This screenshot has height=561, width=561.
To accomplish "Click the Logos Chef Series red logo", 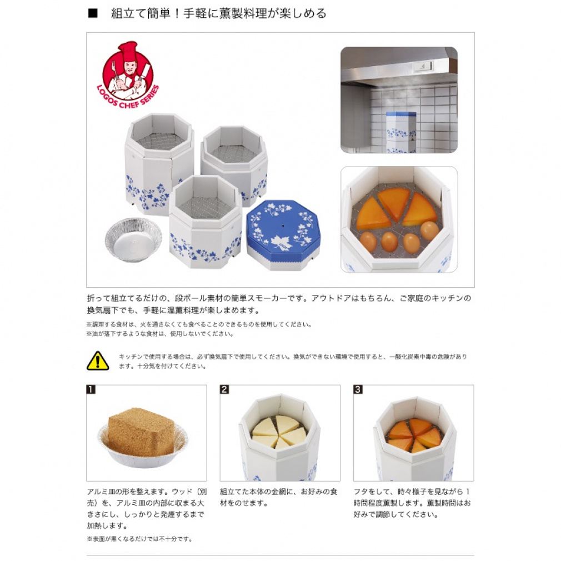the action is click(x=128, y=74).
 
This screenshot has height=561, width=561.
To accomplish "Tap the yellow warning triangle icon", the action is click(x=98, y=360).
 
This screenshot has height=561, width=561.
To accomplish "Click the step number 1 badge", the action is click(x=91, y=389).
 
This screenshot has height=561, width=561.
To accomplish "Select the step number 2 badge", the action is click(x=224, y=389).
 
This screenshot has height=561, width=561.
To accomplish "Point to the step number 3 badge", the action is click(x=358, y=389).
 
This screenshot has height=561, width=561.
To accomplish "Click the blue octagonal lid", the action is click(x=283, y=234).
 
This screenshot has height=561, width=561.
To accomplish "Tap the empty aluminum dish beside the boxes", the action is click(x=133, y=239).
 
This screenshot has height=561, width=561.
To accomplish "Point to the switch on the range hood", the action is click(x=423, y=66).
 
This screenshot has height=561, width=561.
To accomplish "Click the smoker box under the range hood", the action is click(x=401, y=132).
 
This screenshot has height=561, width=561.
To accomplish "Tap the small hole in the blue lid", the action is click(x=283, y=226).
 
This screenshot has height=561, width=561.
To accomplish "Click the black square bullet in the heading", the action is click(x=93, y=13).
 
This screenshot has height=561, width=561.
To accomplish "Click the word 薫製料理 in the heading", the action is click(x=243, y=13).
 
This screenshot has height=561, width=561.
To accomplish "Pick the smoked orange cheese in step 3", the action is click(x=414, y=435).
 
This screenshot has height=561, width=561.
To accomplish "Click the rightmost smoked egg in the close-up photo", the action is click(x=429, y=231).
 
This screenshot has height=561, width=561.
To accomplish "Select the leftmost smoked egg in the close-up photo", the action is click(x=368, y=241).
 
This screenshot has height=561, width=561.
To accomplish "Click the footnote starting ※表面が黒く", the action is click(x=139, y=539).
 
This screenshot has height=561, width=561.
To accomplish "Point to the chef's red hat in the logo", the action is click(x=128, y=52).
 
